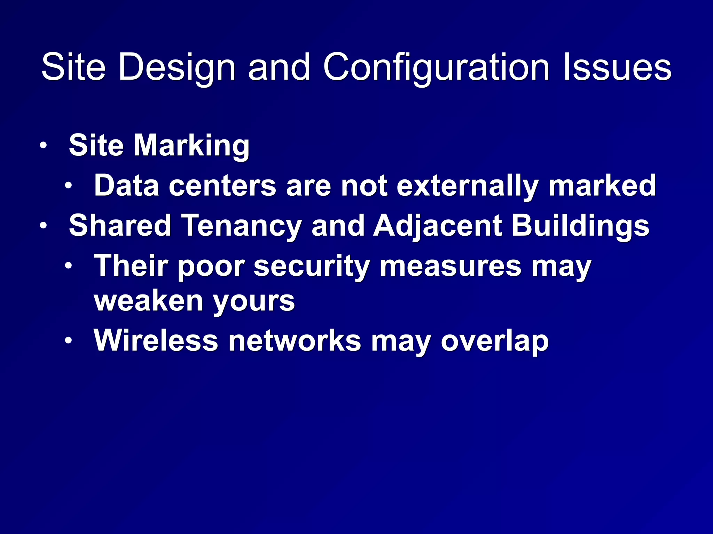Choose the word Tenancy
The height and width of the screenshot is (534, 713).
242,226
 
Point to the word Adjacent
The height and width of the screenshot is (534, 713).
437,226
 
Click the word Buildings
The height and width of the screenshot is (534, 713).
580,226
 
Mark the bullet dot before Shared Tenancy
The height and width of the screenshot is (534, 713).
43,226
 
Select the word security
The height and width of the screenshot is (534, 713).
312,266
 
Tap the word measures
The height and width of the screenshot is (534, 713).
450,266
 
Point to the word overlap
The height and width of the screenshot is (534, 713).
495,341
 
